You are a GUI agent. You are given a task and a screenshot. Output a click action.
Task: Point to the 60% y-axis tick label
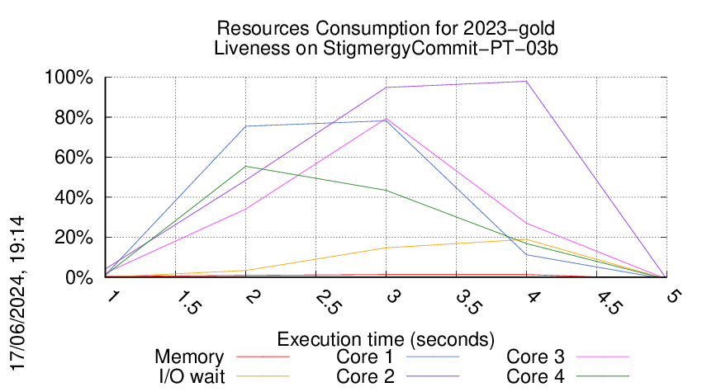tap(74, 158)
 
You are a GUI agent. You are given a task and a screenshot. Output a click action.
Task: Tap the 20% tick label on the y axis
tap(74, 238)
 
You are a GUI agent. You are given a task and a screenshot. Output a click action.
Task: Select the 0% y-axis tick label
tap(79, 278)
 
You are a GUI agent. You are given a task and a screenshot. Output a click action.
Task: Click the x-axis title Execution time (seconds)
tap(386, 338)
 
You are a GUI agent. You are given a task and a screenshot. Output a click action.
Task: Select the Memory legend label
tap(189, 357)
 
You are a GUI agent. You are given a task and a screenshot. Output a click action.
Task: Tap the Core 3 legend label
tap(535, 357)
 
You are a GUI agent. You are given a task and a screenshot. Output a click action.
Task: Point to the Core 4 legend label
tap(535, 375)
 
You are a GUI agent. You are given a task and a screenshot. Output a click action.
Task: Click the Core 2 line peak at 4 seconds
tap(526, 81)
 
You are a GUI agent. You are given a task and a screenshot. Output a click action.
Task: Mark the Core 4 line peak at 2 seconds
tap(245, 167)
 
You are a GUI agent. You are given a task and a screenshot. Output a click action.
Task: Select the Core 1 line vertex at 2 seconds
tap(245, 126)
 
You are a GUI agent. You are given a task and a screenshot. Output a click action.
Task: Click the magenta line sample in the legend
tap(601, 357)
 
